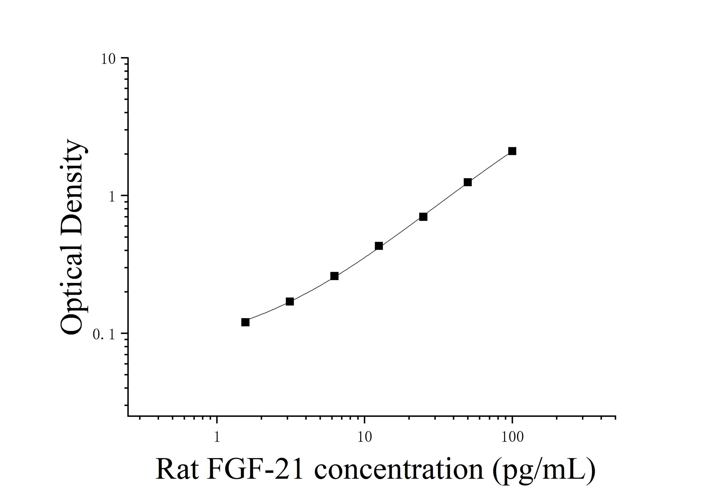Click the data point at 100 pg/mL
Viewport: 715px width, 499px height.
(512, 151)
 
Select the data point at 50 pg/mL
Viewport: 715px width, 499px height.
(468, 182)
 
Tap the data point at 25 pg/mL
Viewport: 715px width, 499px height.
(423, 217)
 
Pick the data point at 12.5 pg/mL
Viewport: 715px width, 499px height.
(378, 246)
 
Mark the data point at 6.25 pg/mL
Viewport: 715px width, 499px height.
(334, 276)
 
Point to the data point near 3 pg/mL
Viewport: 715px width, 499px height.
(290, 301)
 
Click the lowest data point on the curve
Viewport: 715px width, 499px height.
(245, 322)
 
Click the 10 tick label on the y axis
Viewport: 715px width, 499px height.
(108, 59)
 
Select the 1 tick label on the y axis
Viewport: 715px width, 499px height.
(112, 197)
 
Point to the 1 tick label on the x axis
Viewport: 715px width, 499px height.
(217, 437)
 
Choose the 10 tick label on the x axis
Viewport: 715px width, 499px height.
(364, 437)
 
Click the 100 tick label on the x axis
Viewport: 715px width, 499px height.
(512, 437)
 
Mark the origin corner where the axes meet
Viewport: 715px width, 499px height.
(128, 416)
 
